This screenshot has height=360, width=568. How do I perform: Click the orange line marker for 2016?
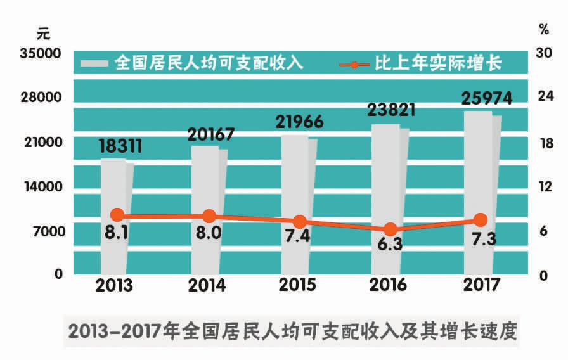tap(390, 229)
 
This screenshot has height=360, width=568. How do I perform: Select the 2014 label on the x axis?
tap(207, 285)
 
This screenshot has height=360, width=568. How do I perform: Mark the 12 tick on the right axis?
tap(545, 187)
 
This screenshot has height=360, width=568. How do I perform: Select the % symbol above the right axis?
tap(544, 29)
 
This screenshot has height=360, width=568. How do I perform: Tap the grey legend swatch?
tap(95, 63)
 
